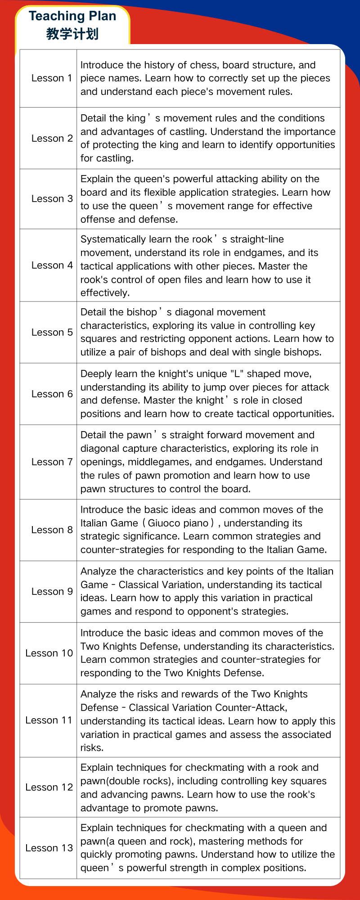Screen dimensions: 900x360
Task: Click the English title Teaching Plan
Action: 72,16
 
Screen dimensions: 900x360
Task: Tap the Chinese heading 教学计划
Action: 72,34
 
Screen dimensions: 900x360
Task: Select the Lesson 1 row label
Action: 51,78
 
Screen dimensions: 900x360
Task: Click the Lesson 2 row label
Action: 52,139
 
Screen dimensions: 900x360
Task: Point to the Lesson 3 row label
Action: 52,199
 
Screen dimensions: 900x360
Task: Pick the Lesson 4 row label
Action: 52,265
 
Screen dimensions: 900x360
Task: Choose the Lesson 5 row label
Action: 52,333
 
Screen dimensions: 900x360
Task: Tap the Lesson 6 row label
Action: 52,394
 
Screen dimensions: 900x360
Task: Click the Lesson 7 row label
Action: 52,462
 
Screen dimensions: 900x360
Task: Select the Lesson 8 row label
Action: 52,530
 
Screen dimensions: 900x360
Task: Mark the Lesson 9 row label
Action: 52,592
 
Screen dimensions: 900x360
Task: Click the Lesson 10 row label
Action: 49,653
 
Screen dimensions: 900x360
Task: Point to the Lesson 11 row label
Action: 49,720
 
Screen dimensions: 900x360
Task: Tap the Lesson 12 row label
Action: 49,787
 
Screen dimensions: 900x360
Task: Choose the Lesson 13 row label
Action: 49,848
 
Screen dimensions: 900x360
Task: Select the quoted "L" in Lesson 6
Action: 237,374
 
